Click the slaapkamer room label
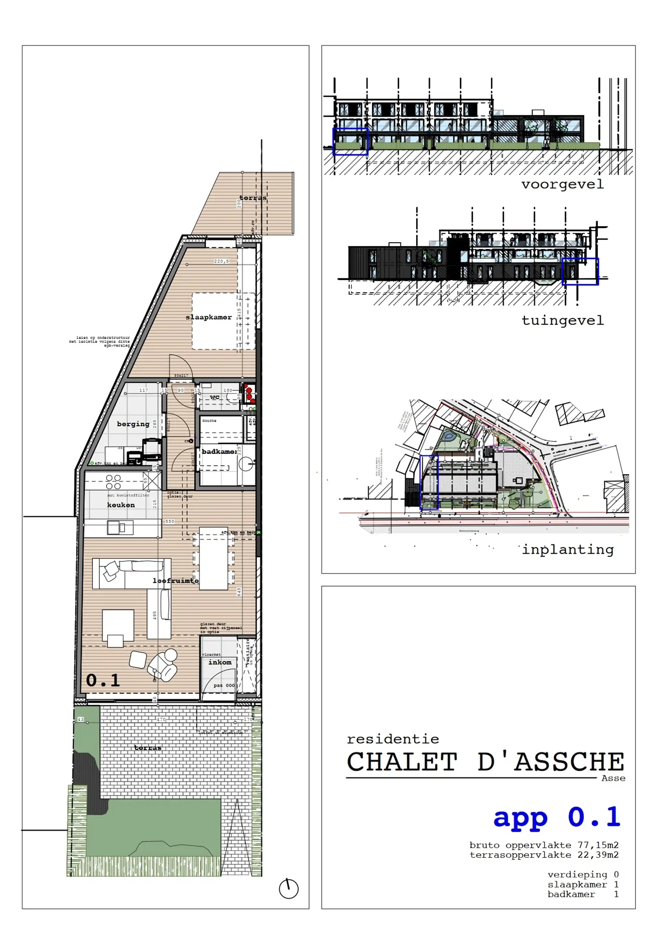(x=208, y=317)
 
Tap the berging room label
(x=133, y=424)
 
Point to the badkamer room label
(x=219, y=451)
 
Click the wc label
(x=215, y=397)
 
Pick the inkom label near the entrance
(x=220, y=662)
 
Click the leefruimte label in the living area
(x=175, y=581)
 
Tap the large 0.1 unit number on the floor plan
(x=103, y=680)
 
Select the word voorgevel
(x=562, y=184)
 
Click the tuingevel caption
(x=562, y=320)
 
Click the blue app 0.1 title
(x=556, y=817)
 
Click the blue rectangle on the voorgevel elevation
(x=350, y=142)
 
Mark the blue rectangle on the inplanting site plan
(x=429, y=482)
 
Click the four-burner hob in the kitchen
(x=113, y=482)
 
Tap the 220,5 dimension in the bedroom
(x=221, y=261)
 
